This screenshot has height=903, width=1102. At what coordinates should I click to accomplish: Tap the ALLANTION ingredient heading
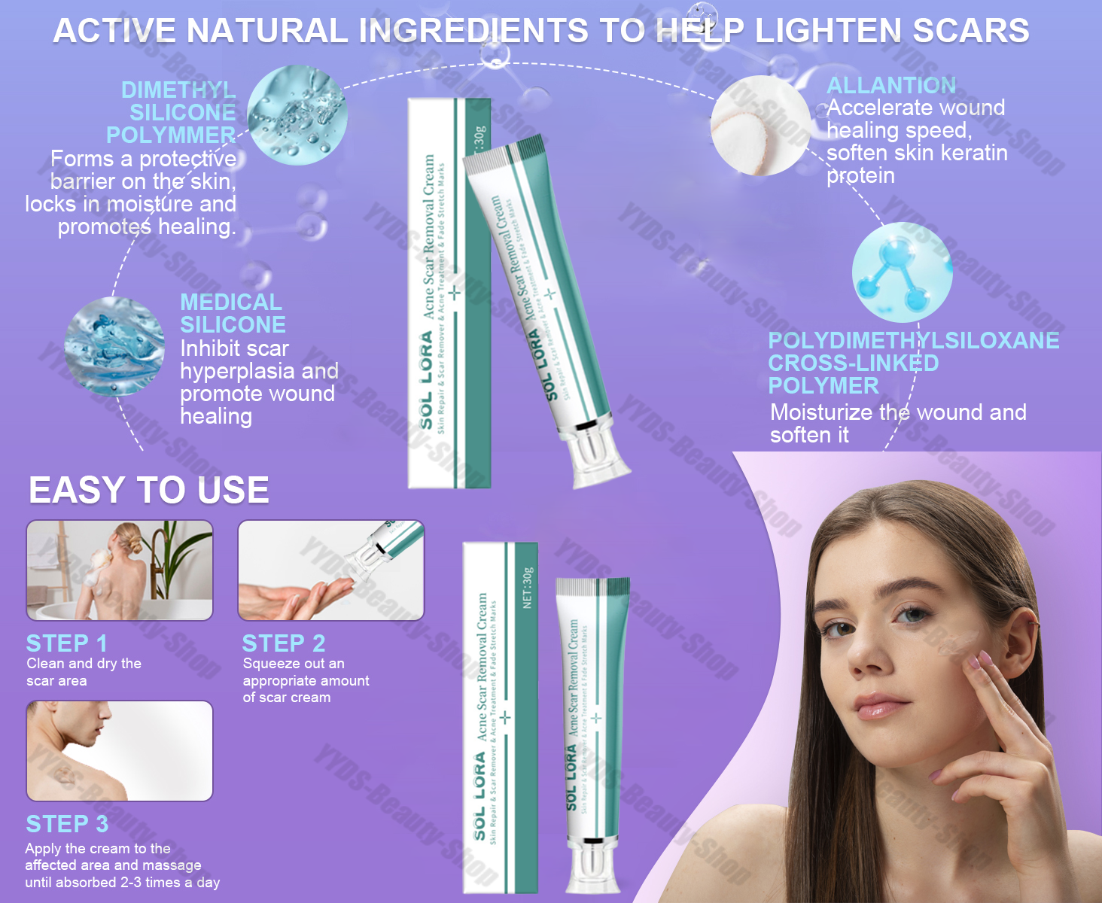point(891,85)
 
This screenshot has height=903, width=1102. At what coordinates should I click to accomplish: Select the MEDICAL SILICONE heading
point(233,313)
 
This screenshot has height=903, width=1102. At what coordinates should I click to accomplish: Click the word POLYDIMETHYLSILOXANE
point(913,340)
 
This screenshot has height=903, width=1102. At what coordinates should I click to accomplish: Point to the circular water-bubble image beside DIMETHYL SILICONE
point(297,115)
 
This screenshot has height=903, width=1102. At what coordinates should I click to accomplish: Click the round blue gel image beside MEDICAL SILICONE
point(114,346)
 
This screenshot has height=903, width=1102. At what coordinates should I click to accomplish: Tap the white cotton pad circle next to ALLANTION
point(760,126)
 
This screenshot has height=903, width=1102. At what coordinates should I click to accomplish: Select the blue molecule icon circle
point(902,272)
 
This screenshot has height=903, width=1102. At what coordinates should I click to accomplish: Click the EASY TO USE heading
point(149,491)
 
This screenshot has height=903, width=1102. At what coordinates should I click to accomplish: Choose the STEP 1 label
point(66,643)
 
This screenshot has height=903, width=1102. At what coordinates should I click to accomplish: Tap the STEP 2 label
point(284,643)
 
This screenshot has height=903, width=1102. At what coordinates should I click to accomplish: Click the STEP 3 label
point(67,824)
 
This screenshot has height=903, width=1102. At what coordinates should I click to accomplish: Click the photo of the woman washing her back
point(120,570)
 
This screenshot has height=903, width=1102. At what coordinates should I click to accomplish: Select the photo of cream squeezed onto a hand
point(331,570)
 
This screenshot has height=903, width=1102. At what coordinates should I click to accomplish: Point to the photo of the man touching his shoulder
point(120,750)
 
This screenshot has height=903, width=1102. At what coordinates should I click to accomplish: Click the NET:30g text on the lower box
point(528,588)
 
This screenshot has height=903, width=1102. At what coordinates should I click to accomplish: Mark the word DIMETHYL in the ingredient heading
point(178,90)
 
